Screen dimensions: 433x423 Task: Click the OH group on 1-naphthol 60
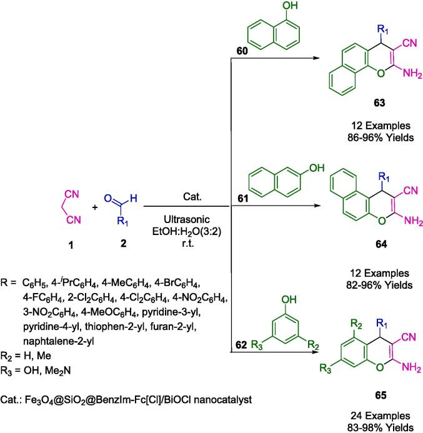click(284, 7)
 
